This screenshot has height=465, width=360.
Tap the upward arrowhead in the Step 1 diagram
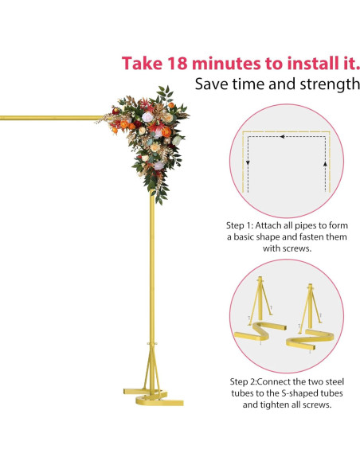pos(325,162)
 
